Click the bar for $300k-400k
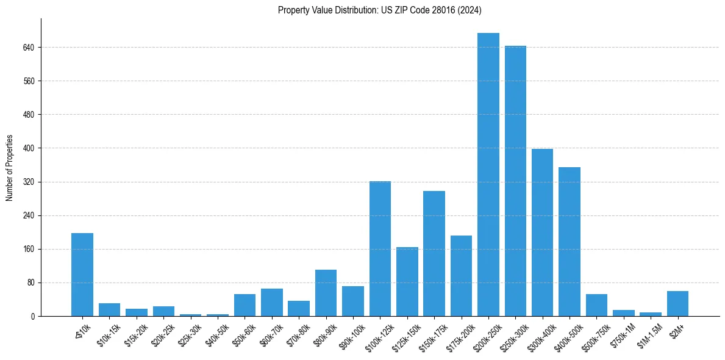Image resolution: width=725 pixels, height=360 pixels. (542, 232)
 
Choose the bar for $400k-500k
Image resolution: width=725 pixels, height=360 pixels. (569, 242)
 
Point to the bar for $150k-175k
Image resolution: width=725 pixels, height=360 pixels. (434, 254)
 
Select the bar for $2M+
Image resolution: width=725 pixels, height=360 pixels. (677, 304)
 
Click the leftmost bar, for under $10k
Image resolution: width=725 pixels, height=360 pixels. (82, 275)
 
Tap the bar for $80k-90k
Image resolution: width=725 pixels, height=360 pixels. (326, 293)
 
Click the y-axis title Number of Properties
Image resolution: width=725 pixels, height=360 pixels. (10, 168)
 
